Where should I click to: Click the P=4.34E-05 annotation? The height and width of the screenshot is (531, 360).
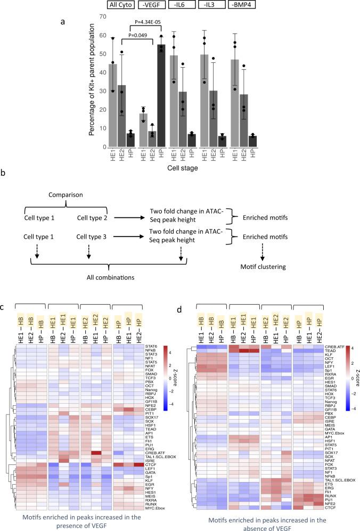153,22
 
